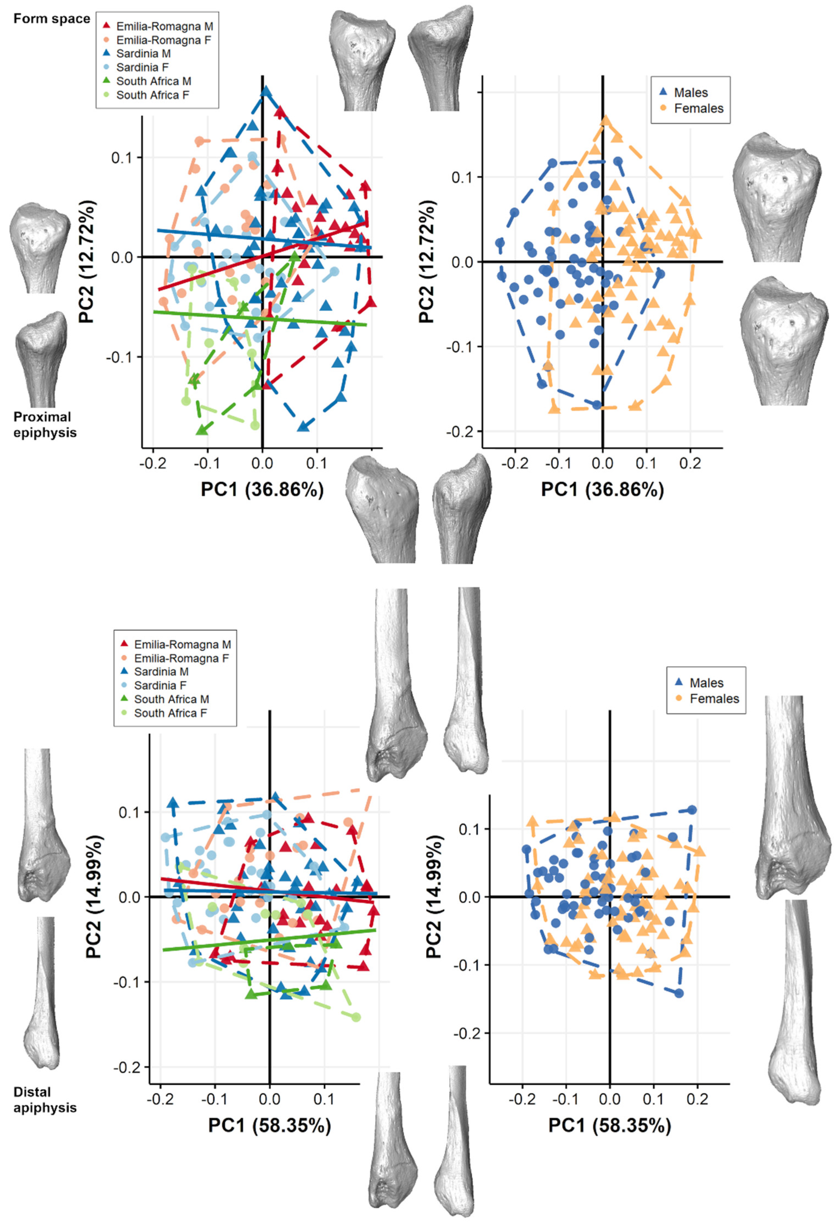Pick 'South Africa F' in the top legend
[x=152, y=95]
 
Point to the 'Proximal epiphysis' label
[x=44, y=425]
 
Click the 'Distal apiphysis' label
[x=44, y=1100]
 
